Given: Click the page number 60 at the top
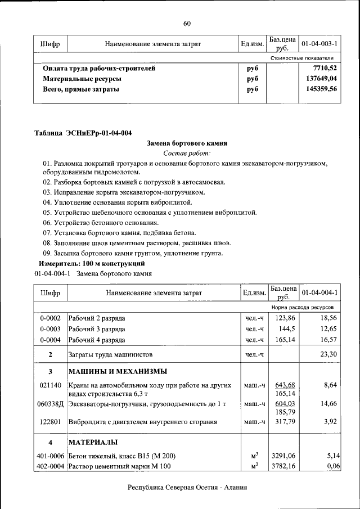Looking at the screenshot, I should [x=187, y=23].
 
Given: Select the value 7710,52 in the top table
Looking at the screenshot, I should [x=325, y=68].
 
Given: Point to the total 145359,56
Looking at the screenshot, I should [x=321, y=89].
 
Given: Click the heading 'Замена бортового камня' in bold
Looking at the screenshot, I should [x=187, y=143].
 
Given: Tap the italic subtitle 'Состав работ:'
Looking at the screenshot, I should [x=187, y=153].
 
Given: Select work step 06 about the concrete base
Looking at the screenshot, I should [x=98, y=222].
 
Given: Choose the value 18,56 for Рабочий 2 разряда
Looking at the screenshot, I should [x=328, y=318].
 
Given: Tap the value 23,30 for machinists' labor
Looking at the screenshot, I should [x=328, y=354].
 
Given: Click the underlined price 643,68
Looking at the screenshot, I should [x=284, y=385].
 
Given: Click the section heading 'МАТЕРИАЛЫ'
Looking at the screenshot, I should [x=93, y=442].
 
